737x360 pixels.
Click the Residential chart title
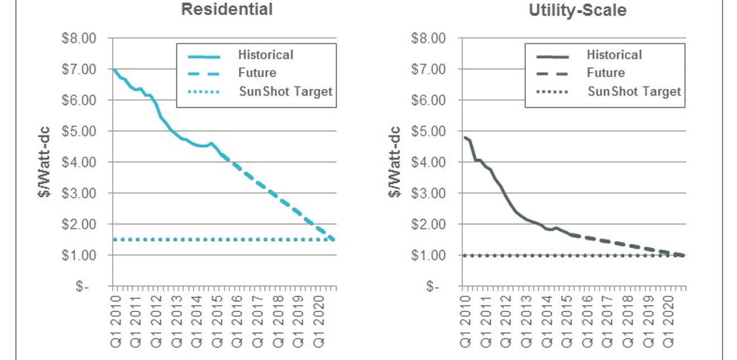[227, 9]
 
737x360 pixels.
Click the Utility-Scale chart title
[577, 9]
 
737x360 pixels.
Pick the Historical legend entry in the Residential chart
[265, 55]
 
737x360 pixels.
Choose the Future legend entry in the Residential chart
[257, 73]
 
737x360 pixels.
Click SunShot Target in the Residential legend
[285, 91]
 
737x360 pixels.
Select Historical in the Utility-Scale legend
[614, 55]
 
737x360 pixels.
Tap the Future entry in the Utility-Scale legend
[606, 73]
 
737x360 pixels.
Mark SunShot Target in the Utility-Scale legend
[634, 91]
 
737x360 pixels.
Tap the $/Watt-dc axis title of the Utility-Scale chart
[395, 162]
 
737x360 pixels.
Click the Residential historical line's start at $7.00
[113, 70]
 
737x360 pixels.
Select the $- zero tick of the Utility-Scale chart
[433, 286]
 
